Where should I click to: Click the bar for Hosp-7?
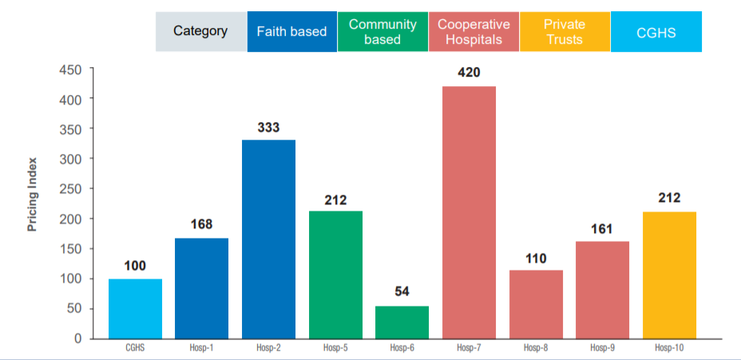pyautogui.click(x=469, y=212)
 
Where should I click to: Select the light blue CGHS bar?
pyautogui.click(x=135, y=308)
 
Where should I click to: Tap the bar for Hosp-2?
pyautogui.click(x=268, y=239)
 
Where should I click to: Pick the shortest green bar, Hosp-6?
pyautogui.click(x=402, y=322)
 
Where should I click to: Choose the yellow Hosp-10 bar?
pyautogui.click(x=668, y=275)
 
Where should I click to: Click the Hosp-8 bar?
pyautogui.click(x=536, y=304)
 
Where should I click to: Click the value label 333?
pyautogui.click(x=268, y=127)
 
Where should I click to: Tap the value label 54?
pyautogui.click(x=402, y=292)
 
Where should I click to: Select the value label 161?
pyautogui.click(x=601, y=229)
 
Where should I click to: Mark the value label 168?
pyautogui.click(x=201, y=224)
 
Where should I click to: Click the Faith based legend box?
pyautogui.click(x=291, y=32)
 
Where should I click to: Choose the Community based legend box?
pyautogui.click(x=382, y=32)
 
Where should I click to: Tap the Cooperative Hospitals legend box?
pyautogui.click(x=474, y=32)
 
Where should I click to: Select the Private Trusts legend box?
pyautogui.click(x=564, y=32)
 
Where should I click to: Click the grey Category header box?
pyautogui.click(x=200, y=32)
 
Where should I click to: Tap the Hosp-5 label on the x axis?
pyautogui.click(x=335, y=348)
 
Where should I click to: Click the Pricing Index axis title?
pyautogui.click(x=33, y=204)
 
